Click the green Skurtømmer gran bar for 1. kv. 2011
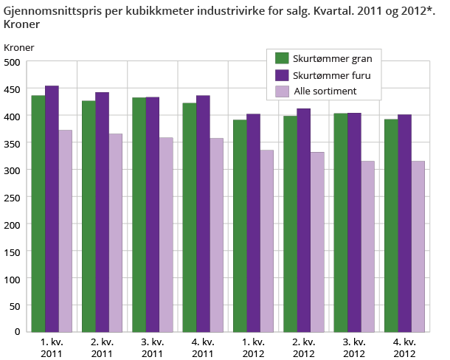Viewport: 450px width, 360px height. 38,213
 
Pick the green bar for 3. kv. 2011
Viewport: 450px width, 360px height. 139,214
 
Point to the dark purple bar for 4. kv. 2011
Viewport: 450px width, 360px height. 203,213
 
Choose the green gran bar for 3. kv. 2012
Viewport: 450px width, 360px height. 341,222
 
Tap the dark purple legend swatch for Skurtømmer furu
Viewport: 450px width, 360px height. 281,75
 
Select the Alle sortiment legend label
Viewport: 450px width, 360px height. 325,91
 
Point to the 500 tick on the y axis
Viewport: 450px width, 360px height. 13,62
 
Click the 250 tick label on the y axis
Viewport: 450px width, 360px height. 13,197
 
